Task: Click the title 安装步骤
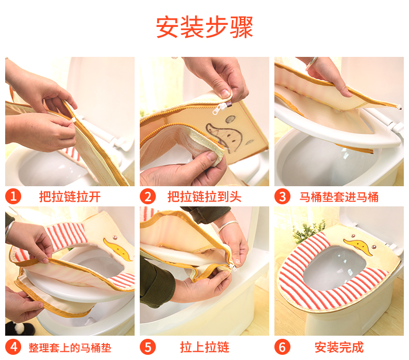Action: [x=204, y=27]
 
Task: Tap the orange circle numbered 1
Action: [x=13, y=196]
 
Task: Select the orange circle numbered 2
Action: [x=148, y=196]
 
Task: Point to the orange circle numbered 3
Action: [x=282, y=196]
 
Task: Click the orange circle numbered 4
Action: [x=13, y=347]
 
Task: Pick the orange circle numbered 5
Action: [x=148, y=347]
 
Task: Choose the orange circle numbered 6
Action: [x=282, y=347]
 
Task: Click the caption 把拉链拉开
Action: [x=70, y=197]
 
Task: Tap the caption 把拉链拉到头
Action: [x=204, y=197]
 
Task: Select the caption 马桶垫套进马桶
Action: [x=339, y=197]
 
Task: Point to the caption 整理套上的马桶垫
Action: [x=70, y=348]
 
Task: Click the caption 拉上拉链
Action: [x=204, y=347]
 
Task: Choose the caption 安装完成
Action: [x=339, y=347]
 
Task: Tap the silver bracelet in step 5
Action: [x=227, y=226]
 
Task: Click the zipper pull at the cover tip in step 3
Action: [x=398, y=107]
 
